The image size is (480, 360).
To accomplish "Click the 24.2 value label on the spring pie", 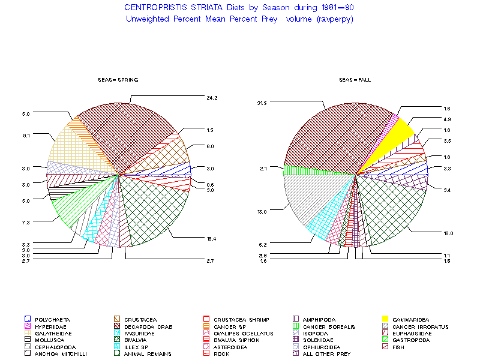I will [x=212, y=97].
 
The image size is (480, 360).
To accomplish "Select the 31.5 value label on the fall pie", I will [x=261, y=103].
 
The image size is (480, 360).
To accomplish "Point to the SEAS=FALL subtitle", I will [x=355, y=80].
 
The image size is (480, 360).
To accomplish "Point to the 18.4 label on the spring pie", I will [x=212, y=238].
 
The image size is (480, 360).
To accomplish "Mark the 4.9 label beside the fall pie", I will [x=447, y=119].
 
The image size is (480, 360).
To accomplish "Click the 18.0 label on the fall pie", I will [x=448, y=233].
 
